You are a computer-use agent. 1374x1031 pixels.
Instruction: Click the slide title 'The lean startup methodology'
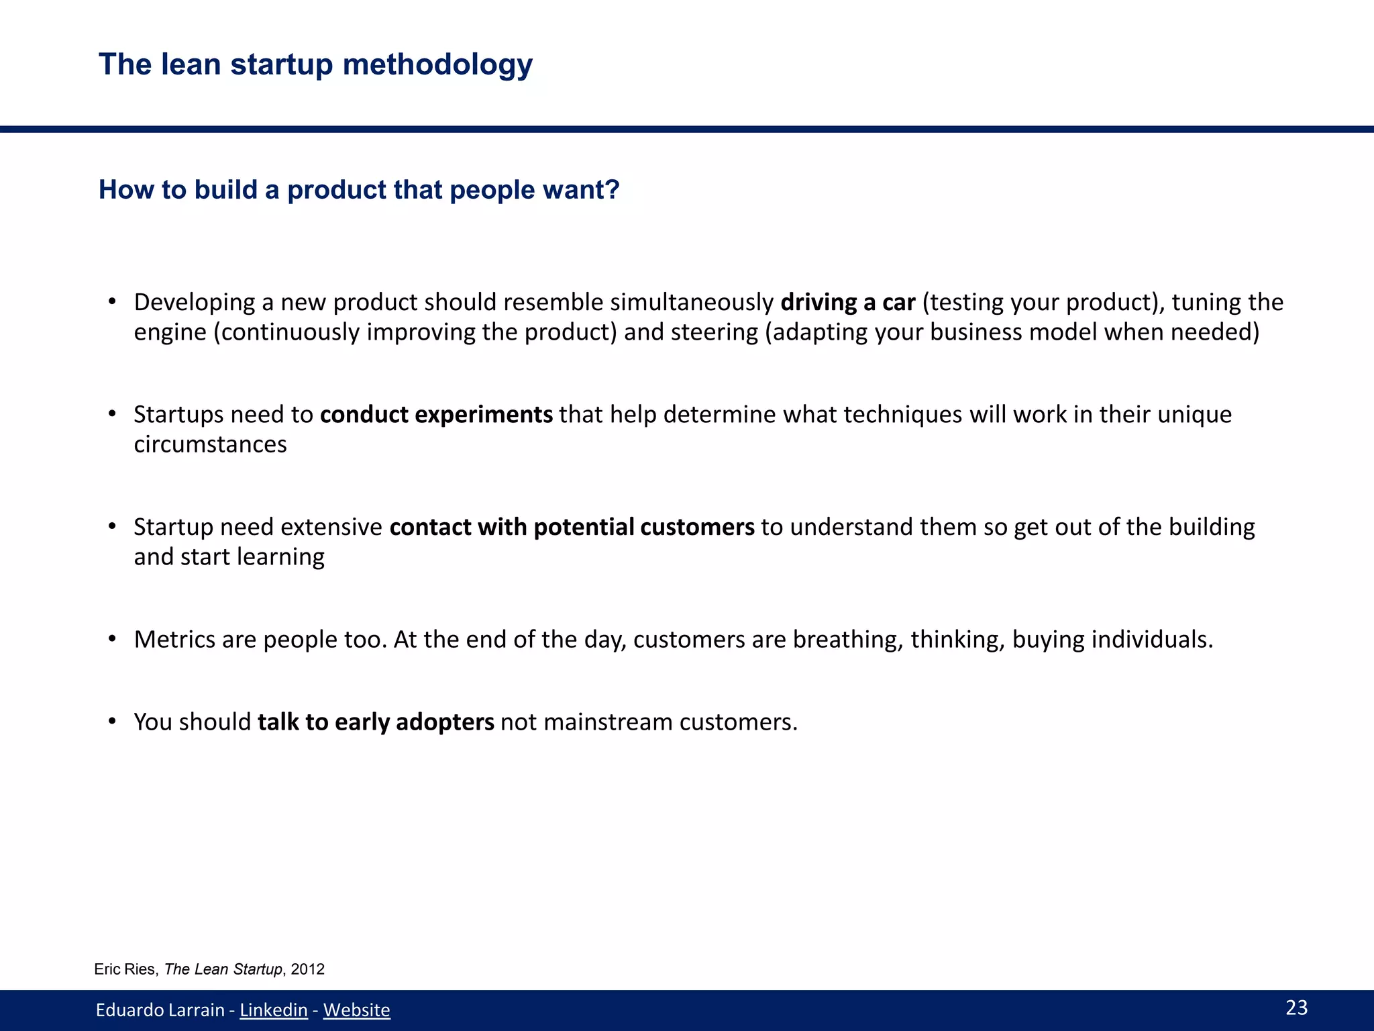coord(315,65)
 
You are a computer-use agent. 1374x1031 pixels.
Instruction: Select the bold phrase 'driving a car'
coord(848,303)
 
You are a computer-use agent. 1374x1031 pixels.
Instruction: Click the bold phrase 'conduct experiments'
coord(436,415)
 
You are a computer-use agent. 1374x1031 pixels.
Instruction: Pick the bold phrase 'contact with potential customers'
coord(572,528)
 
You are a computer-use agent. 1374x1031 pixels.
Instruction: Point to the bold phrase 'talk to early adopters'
coord(376,722)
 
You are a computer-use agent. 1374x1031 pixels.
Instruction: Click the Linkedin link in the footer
coord(274,1010)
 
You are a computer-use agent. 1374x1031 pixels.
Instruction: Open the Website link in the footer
coord(356,1010)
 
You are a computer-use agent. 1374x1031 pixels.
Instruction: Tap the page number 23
coord(1296,1008)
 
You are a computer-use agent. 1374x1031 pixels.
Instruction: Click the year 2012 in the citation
coord(308,969)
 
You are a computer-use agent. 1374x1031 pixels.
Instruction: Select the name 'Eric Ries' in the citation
coord(125,969)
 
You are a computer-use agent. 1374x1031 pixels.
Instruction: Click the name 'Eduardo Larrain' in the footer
coord(160,1010)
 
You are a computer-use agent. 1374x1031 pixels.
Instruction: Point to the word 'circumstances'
coord(210,444)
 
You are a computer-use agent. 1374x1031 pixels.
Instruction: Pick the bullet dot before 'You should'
coord(113,722)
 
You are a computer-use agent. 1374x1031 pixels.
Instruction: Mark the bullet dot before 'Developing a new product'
coord(113,302)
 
